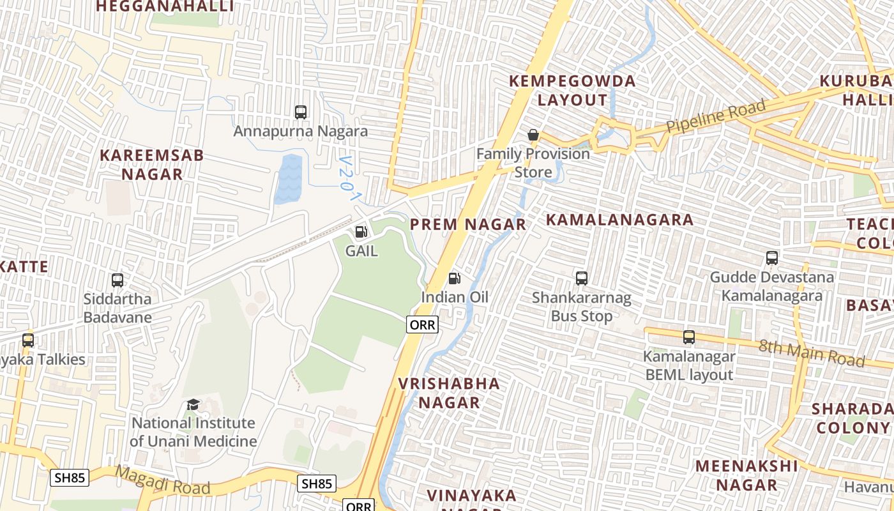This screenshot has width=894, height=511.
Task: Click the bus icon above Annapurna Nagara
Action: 301,112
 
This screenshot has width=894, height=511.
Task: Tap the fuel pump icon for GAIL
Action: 361,232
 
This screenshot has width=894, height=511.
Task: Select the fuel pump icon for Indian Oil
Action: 454,278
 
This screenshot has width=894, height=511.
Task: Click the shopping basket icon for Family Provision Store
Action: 533,135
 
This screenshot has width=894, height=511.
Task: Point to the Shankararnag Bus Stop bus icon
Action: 581,278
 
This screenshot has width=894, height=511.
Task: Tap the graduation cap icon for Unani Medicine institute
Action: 193,404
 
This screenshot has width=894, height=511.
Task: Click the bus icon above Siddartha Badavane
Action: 117,280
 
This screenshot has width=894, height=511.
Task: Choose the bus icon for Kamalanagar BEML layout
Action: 689,337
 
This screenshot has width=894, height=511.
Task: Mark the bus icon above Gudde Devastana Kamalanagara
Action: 772,258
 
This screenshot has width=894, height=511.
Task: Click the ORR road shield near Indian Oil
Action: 422,324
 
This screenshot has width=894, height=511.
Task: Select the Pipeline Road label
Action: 715,117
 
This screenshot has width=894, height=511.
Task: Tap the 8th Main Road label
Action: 811,353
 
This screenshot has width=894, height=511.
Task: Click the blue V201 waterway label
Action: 349,178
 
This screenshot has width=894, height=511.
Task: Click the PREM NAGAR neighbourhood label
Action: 467,224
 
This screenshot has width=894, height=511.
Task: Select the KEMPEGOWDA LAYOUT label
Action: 572,91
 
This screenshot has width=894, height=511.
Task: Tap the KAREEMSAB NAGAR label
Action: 152,164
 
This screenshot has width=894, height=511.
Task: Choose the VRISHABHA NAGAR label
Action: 449,392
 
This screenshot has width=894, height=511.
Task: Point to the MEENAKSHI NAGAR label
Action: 746,475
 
